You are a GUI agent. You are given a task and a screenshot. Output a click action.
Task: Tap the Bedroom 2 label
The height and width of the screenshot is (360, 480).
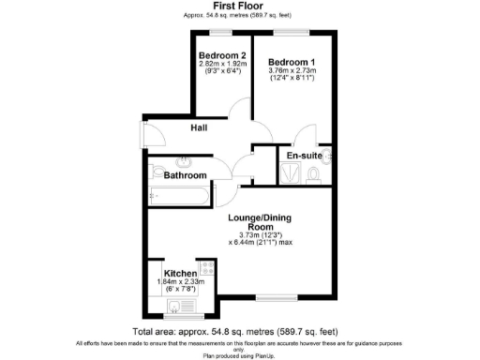coord(222,55)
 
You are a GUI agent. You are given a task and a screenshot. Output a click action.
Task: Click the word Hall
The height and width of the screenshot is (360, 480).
coord(200,128)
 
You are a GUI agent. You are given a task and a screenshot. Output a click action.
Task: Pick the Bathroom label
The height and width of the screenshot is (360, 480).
coord(185,175)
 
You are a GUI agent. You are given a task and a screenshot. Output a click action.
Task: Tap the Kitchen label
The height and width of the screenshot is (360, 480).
coord(180,275)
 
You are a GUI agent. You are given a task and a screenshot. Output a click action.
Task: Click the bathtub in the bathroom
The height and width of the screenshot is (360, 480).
coord(178,196)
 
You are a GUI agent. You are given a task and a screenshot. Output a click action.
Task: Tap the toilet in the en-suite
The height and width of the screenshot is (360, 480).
coord(313,174)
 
